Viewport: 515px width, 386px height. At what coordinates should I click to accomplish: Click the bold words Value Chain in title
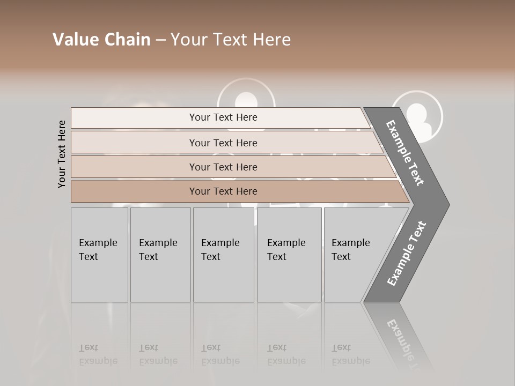click(101, 40)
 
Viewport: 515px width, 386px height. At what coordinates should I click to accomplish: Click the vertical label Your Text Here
click(62, 154)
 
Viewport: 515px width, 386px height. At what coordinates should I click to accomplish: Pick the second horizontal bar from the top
click(223, 143)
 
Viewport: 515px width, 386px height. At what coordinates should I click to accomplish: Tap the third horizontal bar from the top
click(223, 167)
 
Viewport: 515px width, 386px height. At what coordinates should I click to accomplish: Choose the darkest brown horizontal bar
click(223, 191)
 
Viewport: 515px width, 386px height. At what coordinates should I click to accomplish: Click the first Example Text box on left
click(99, 255)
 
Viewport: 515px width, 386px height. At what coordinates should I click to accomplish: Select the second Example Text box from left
click(160, 255)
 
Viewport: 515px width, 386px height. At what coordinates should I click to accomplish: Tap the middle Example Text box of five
click(223, 255)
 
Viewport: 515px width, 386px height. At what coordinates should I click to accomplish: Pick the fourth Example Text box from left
click(289, 255)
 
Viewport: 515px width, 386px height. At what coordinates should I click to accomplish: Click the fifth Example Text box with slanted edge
click(354, 255)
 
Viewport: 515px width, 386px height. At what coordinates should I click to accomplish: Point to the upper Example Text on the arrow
click(406, 153)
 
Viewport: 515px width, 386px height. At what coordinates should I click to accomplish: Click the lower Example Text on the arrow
click(407, 253)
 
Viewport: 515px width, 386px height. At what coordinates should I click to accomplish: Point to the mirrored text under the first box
click(98, 354)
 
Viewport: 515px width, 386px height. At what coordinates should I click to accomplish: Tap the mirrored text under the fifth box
click(350, 354)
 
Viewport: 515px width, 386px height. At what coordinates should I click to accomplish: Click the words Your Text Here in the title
click(231, 40)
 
